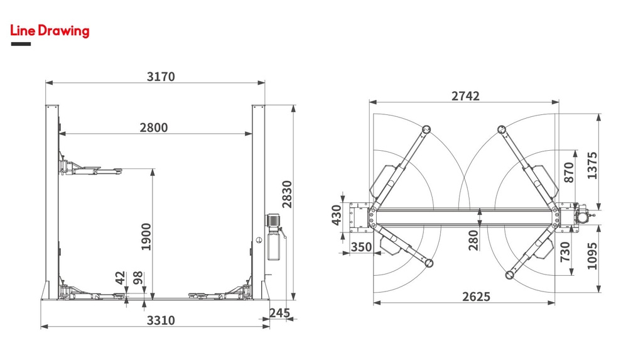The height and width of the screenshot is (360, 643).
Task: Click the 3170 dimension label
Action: (161, 77)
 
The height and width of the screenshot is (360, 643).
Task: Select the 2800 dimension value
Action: (154, 128)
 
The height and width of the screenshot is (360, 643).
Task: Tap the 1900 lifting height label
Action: (146, 237)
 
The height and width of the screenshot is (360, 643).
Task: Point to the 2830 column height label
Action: (287, 194)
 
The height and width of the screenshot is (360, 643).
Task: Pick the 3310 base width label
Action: (161, 320)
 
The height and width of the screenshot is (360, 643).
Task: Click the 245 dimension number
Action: (279, 313)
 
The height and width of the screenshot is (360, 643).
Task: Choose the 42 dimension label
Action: (120, 278)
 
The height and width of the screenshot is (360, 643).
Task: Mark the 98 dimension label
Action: (138, 278)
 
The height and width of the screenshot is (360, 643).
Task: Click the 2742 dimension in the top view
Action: (465, 95)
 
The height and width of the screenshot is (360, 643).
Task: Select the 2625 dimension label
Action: (476, 297)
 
